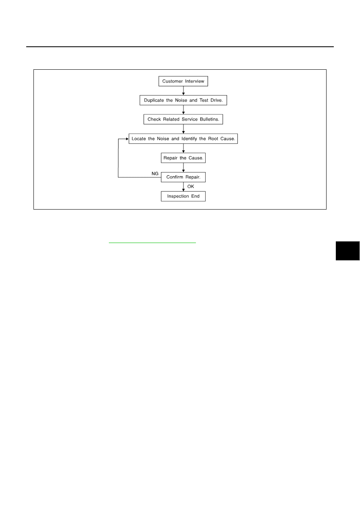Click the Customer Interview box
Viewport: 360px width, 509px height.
[x=183, y=81]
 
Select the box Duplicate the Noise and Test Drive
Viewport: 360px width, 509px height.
[x=183, y=100]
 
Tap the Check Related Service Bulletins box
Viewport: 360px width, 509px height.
[x=183, y=119]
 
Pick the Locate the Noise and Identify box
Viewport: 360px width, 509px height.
[x=183, y=139]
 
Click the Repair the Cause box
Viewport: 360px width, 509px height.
[x=183, y=158]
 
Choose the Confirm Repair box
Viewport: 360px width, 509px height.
[x=183, y=177]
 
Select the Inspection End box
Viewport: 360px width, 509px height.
[x=183, y=196]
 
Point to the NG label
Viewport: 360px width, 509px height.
[x=155, y=174]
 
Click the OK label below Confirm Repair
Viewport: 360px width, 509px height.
[x=191, y=187]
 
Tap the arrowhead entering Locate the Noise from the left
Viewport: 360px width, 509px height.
[x=127, y=139]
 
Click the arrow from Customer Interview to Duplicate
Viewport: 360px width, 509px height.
[x=183, y=91]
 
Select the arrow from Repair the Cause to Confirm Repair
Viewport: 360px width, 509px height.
[x=183, y=168]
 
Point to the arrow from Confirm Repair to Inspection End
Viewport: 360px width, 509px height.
[x=183, y=187]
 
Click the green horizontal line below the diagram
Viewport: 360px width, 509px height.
[x=152, y=243]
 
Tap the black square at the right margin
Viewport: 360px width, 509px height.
[x=348, y=251]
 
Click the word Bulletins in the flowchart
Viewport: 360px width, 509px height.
[x=210, y=119]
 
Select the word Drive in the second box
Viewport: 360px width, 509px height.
[x=216, y=100]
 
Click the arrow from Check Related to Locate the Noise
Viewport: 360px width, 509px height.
[x=183, y=129]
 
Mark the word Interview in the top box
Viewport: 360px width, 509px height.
[x=195, y=81]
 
